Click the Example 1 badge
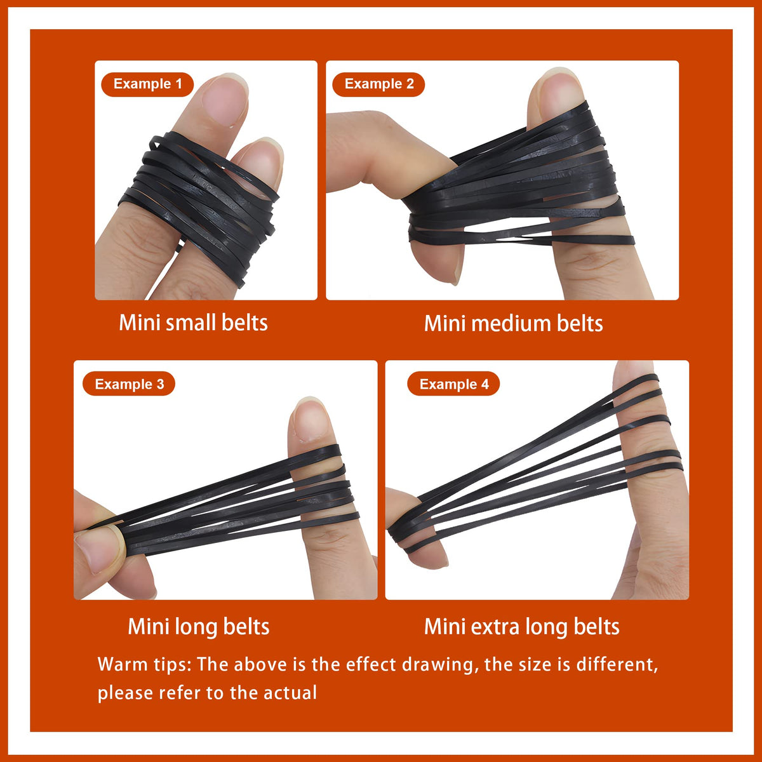coord(147,84)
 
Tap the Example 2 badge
coord(378,84)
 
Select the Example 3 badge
coord(128,384)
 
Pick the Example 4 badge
coord(453,384)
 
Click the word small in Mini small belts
coord(191,323)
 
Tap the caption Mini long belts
coord(199,627)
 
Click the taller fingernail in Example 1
coord(224,99)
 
